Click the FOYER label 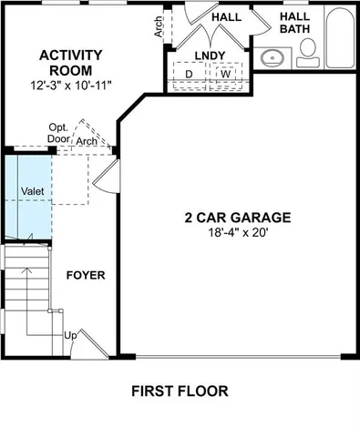pos(86,274)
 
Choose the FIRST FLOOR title pos(179,391)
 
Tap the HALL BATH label pos(294,23)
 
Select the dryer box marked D pos(189,74)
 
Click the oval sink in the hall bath pos(272,59)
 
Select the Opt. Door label pos(59,133)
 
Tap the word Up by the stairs pos(69,335)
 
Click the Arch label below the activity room pos(87,142)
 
